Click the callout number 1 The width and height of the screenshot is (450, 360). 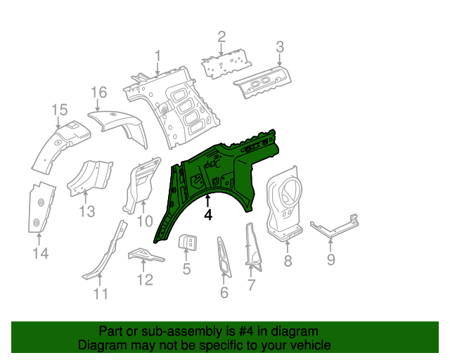point(158,55)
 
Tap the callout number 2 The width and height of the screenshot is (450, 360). point(221,37)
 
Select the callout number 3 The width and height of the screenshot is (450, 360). point(279,48)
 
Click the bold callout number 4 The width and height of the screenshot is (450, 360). point(208,215)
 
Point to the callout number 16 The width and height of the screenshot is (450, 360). point(99,92)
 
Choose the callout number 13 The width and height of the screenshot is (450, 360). point(86,212)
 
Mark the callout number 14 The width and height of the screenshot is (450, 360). point(41,252)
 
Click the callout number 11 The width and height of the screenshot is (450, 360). point(102,293)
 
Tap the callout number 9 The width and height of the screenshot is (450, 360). point(331,263)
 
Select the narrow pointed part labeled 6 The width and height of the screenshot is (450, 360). point(223,257)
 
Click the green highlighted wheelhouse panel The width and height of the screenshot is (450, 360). point(218,169)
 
